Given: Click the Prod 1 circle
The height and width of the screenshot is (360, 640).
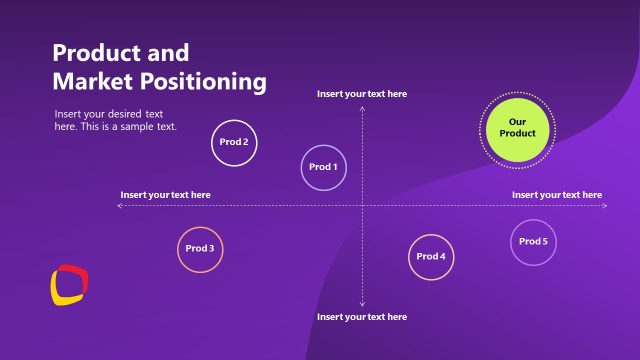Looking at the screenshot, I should click(323, 167).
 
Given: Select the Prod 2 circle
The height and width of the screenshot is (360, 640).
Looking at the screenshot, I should click(234, 142).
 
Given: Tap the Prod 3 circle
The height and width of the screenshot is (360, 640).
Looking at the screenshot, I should click(199, 248).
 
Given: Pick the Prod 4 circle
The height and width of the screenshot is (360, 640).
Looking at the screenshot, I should click(431, 257).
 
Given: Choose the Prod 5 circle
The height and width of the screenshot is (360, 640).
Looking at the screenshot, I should click(533, 242).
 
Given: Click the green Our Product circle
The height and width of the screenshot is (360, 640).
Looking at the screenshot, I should click(517, 127).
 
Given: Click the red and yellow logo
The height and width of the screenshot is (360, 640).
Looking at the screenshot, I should click(67, 284).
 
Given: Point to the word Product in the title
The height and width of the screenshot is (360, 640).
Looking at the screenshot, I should click(93, 53).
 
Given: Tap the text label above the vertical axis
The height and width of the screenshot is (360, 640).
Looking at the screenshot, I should click(362, 94).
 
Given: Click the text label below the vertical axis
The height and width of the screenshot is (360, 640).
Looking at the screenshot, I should click(362, 317).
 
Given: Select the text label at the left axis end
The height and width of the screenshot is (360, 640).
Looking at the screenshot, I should click(165, 195).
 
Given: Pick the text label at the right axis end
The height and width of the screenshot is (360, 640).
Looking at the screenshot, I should click(557, 195).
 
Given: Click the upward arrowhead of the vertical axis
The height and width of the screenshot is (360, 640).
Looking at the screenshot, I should click(362, 106).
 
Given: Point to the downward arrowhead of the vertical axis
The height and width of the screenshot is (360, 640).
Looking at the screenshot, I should click(362, 304).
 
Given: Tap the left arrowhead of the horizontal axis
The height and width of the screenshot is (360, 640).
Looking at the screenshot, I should click(120, 206).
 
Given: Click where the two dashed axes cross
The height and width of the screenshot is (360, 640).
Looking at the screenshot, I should click(362, 206).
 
